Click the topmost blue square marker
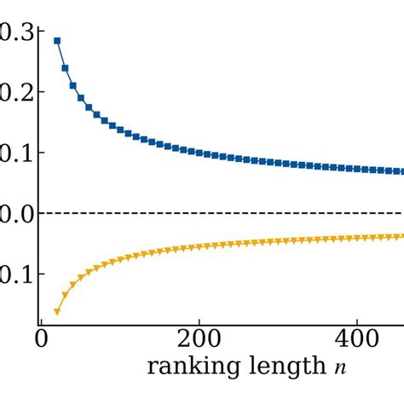(x=57, y=41)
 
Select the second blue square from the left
(x=65, y=67)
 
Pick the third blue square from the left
(x=73, y=85)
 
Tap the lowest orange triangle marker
(x=57, y=312)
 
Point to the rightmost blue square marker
(x=400, y=171)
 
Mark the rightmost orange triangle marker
(x=400, y=236)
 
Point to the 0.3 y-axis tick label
(x=11, y=32)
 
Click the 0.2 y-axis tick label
(x=11, y=92)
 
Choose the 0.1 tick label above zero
(x=11, y=153)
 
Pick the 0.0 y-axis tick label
(x=11, y=213)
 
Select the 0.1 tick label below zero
(x=11, y=274)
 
